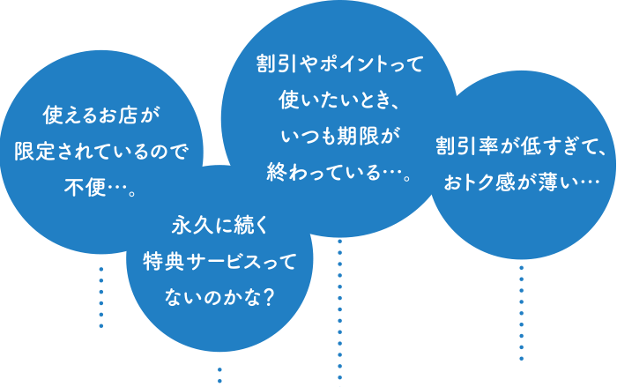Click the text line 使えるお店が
pos(102,115)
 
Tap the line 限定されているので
pos(102,151)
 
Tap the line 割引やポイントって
pos(339,63)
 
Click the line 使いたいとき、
pos(339,99)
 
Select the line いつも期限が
pos(339,135)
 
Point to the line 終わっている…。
pos(339,171)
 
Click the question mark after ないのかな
pos(267,298)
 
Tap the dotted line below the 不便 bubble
pos(101,297)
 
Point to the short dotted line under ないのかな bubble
pos(219,375)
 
